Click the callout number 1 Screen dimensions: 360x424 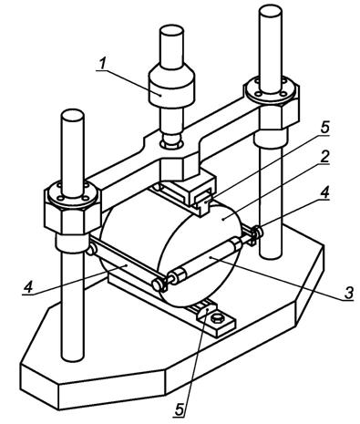[102, 63]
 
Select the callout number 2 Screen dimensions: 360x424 [324, 157]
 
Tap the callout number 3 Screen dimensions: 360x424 [348, 292]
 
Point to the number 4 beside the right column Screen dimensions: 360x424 [325, 192]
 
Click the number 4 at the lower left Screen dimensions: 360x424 [28, 286]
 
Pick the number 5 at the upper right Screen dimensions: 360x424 [325, 127]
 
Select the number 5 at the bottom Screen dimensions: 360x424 [180, 409]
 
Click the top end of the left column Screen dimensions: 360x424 [72, 115]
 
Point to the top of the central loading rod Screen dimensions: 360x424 [172, 30]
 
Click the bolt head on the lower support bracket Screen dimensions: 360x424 [217, 318]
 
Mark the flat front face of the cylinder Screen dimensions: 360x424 [200, 256]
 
